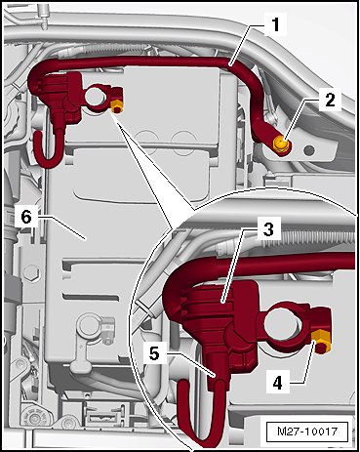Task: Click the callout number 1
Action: [276, 24]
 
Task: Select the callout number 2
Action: [330, 100]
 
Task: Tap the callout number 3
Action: [268, 229]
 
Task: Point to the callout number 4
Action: [277, 383]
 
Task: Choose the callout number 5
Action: [154, 353]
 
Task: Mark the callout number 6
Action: [26, 217]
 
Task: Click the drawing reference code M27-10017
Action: [307, 431]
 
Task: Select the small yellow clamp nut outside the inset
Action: [117, 106]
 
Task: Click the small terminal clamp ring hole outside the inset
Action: [96, 97]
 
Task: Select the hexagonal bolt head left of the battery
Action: [30, 270]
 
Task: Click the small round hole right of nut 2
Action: [309, 150]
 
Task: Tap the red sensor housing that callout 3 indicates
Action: [221, 312]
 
